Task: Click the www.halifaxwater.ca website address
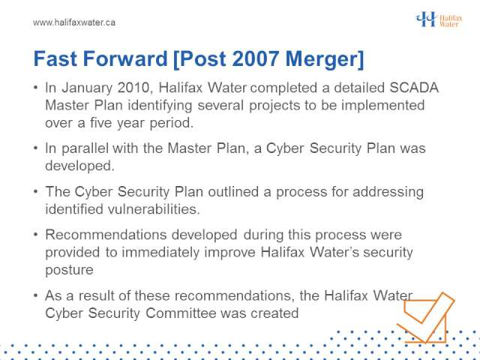point(74,22)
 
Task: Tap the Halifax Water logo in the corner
point(439,19)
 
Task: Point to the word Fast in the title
point(55,58)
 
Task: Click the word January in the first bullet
point(87,88)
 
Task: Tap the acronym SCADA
point(414,88)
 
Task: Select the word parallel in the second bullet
point(85,148)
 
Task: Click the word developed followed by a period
point(79,166)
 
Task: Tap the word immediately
point(160,253)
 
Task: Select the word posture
point(69,270)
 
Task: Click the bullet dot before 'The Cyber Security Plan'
point(36,192)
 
